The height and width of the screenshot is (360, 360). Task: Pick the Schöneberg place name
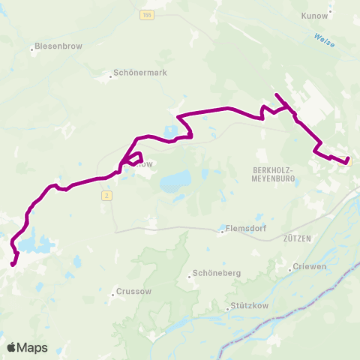tap(217, 274)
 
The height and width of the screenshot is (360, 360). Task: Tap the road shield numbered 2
tap(107, 195)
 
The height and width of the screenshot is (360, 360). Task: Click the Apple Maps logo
tap(27, 348)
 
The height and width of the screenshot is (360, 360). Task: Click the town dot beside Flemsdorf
tap(223, 231)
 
